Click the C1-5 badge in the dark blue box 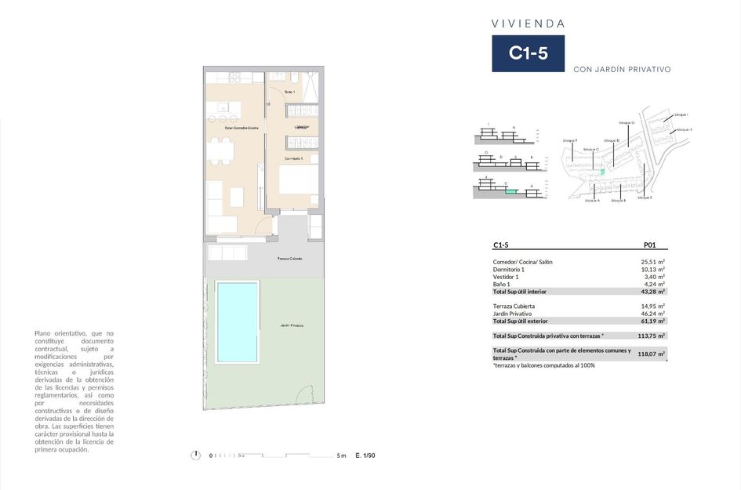528,53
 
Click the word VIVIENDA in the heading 528,24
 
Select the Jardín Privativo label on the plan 292,325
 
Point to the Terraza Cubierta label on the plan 289,258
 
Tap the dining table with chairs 222,150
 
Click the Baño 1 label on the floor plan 289,93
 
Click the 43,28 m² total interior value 653,292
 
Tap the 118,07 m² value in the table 653,354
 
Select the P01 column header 649,244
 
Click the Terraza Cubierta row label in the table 514,306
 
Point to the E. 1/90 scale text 365,455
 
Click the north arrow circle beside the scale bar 195,455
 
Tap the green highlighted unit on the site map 602,172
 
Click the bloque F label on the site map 569,140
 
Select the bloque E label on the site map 645,198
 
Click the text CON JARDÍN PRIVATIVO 622,69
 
